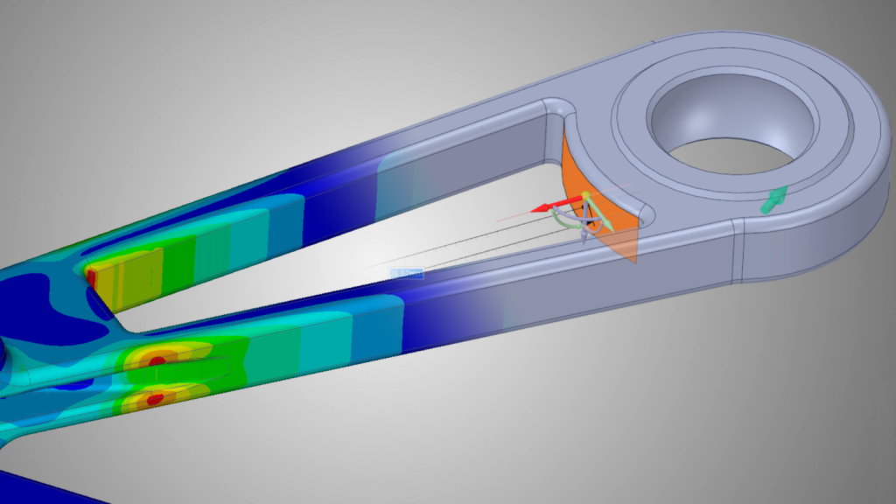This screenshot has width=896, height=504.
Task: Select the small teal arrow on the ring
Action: pos(770,202)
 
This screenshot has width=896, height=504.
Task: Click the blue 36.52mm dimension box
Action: pos(406,273)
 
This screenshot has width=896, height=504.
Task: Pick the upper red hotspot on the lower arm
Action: pos(157,360)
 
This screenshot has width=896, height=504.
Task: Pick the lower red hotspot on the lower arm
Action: pos(155,399)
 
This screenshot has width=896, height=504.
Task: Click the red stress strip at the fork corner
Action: pos(90,277)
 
